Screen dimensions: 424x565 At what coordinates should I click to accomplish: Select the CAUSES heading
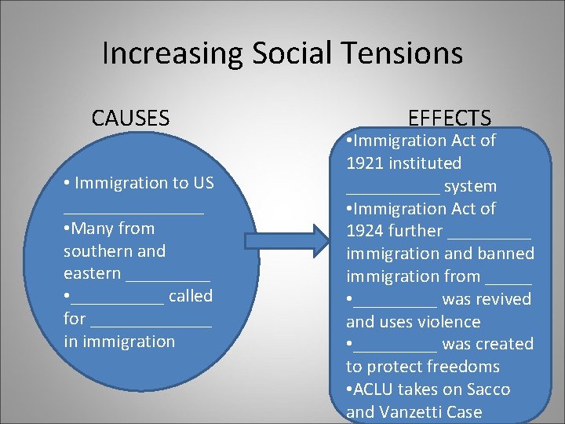[x=130, y=119]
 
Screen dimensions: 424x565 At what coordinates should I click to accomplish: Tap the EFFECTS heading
[x=450, y=119]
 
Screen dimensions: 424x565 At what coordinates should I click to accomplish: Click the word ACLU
[x=371, y=389]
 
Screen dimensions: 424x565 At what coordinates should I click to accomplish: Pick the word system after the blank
[x=470, y=187]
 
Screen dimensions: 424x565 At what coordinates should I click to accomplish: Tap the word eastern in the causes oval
[x=93, y=274]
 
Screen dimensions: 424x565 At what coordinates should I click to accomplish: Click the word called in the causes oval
[x=191, y=296]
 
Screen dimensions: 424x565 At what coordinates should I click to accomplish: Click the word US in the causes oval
[x=202, y=183]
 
